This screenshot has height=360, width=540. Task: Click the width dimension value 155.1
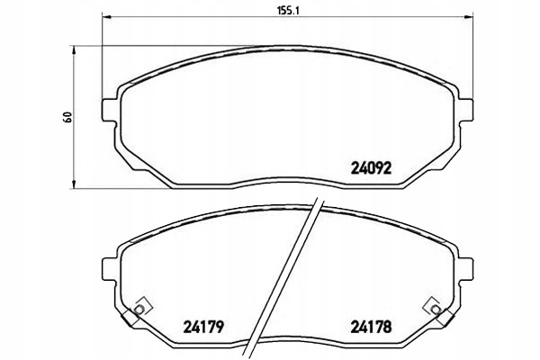pyautogui.click(x=288, y=11)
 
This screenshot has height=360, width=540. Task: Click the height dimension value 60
pyautogui.click(x=67, y=117)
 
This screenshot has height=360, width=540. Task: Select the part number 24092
pyautogui.click(x=371, y=168)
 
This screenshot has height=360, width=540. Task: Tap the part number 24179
pyautogui.click(x=203, y=327)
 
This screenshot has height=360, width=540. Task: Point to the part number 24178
pyautogui.click(x=371, y=327)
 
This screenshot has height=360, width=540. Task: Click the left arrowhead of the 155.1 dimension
pyautogui.click(x=107, y=17)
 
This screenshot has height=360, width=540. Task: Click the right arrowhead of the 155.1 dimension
pyautogui.click(x=468, y=17)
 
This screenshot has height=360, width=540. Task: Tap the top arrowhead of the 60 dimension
pyautogui.click(x=73, y=50)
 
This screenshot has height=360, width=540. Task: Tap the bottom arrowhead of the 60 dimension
pyautogui.click(x=73, y=184)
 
